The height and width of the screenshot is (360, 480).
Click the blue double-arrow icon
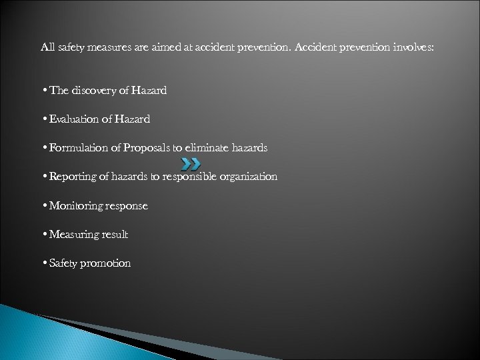coord(191,163)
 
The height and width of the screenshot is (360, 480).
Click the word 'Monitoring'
coord(72,206)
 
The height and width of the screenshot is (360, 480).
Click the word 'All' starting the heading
coord(48,47)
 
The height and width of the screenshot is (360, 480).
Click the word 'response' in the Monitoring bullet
coord(125,207)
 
